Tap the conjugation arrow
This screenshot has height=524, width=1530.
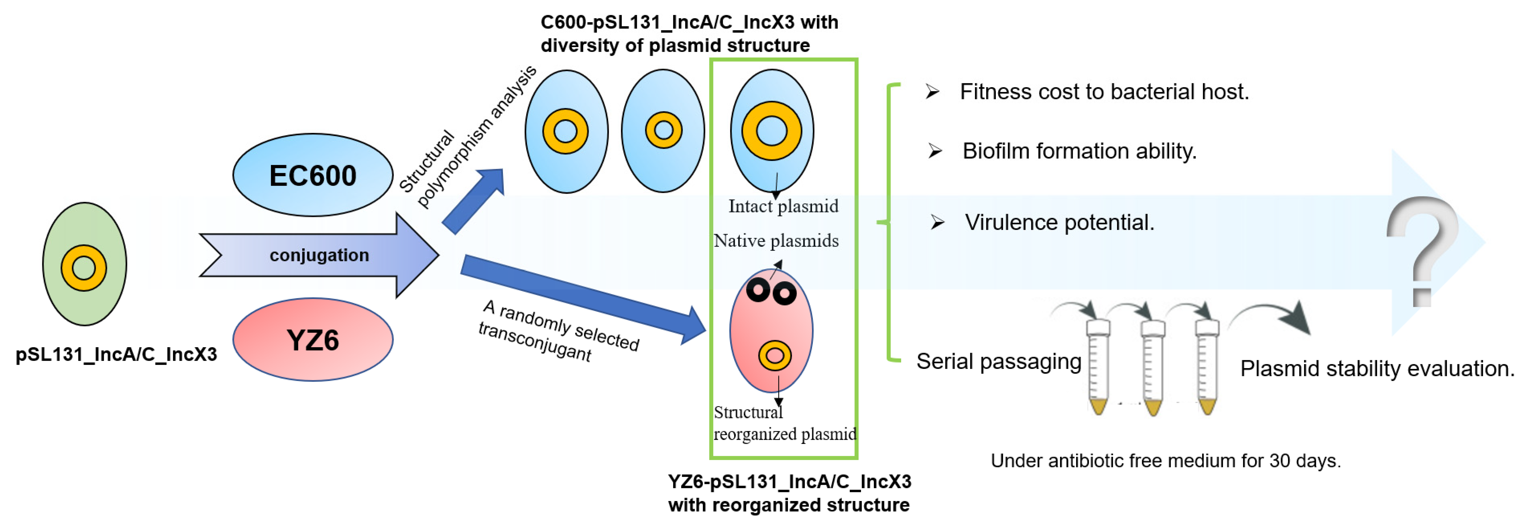[319, 256]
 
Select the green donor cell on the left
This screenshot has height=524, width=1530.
[84, 264]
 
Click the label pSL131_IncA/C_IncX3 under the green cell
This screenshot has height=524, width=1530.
[116, 355]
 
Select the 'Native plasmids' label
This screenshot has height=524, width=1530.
[776, 241]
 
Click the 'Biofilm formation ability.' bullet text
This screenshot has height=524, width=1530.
[1079, 151]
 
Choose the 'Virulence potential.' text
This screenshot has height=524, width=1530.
[1060, 222]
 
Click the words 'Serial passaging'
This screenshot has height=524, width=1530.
[999, 361]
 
